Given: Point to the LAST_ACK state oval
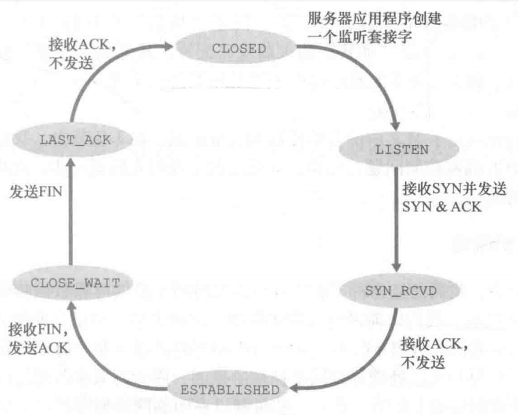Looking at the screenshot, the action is (75, 140).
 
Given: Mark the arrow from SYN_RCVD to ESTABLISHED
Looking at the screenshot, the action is (372, 366).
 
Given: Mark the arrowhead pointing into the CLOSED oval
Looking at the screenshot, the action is (169, 47).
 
